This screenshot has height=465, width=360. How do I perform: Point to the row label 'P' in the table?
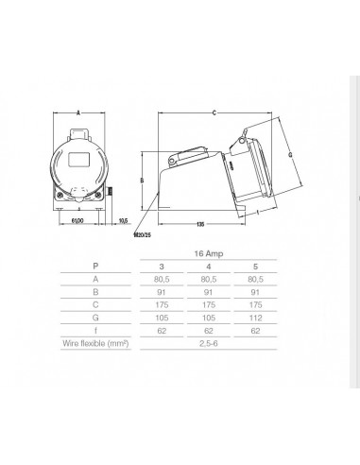click(x=94, y=267)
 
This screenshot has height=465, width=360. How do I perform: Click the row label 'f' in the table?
click(x=94, y=333)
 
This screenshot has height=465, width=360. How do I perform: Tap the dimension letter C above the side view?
click(x=215, y=112)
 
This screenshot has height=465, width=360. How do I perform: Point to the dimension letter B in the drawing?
click(x=141, y=180)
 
